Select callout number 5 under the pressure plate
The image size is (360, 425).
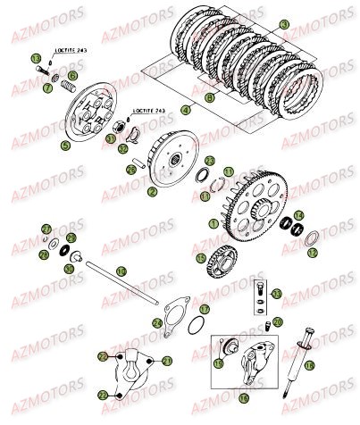point(63,144)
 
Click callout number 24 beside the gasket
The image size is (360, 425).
point(157,322)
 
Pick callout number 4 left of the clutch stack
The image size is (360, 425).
point(185,109)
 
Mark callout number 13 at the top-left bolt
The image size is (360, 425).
point(37,58)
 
